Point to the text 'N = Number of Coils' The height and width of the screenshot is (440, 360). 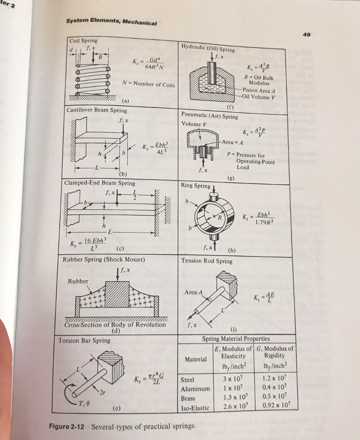tap(149, 84)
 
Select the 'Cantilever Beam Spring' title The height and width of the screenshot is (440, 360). tap(97, 110)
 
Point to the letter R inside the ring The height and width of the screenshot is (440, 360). tap(219, 217)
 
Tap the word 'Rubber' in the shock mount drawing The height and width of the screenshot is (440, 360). tap(78, 281)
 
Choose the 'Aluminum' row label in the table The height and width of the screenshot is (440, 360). tap(195, 389)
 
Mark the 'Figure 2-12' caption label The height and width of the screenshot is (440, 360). tap(67, 427)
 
